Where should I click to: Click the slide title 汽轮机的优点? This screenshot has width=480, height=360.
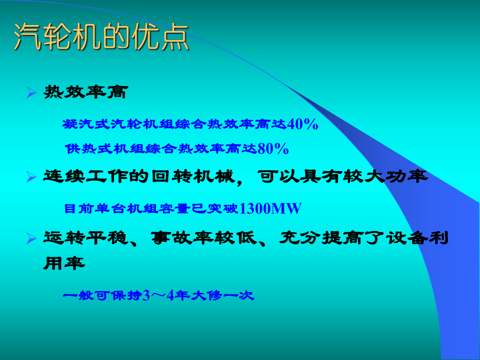(x=101, y=38)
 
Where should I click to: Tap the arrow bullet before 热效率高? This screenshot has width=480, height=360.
(x=31, y=93)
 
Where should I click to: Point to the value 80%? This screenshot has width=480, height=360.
(x=273, y=149)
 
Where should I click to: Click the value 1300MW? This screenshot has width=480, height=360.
(x=270, y=209)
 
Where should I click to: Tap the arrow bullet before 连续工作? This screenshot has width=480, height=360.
(x=31, y=177)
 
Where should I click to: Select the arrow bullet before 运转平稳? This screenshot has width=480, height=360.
(x=31, y=238)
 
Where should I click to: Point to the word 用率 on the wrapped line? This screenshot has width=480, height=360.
(x=63, y=264)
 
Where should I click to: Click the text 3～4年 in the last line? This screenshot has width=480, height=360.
(x=169, y=295)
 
